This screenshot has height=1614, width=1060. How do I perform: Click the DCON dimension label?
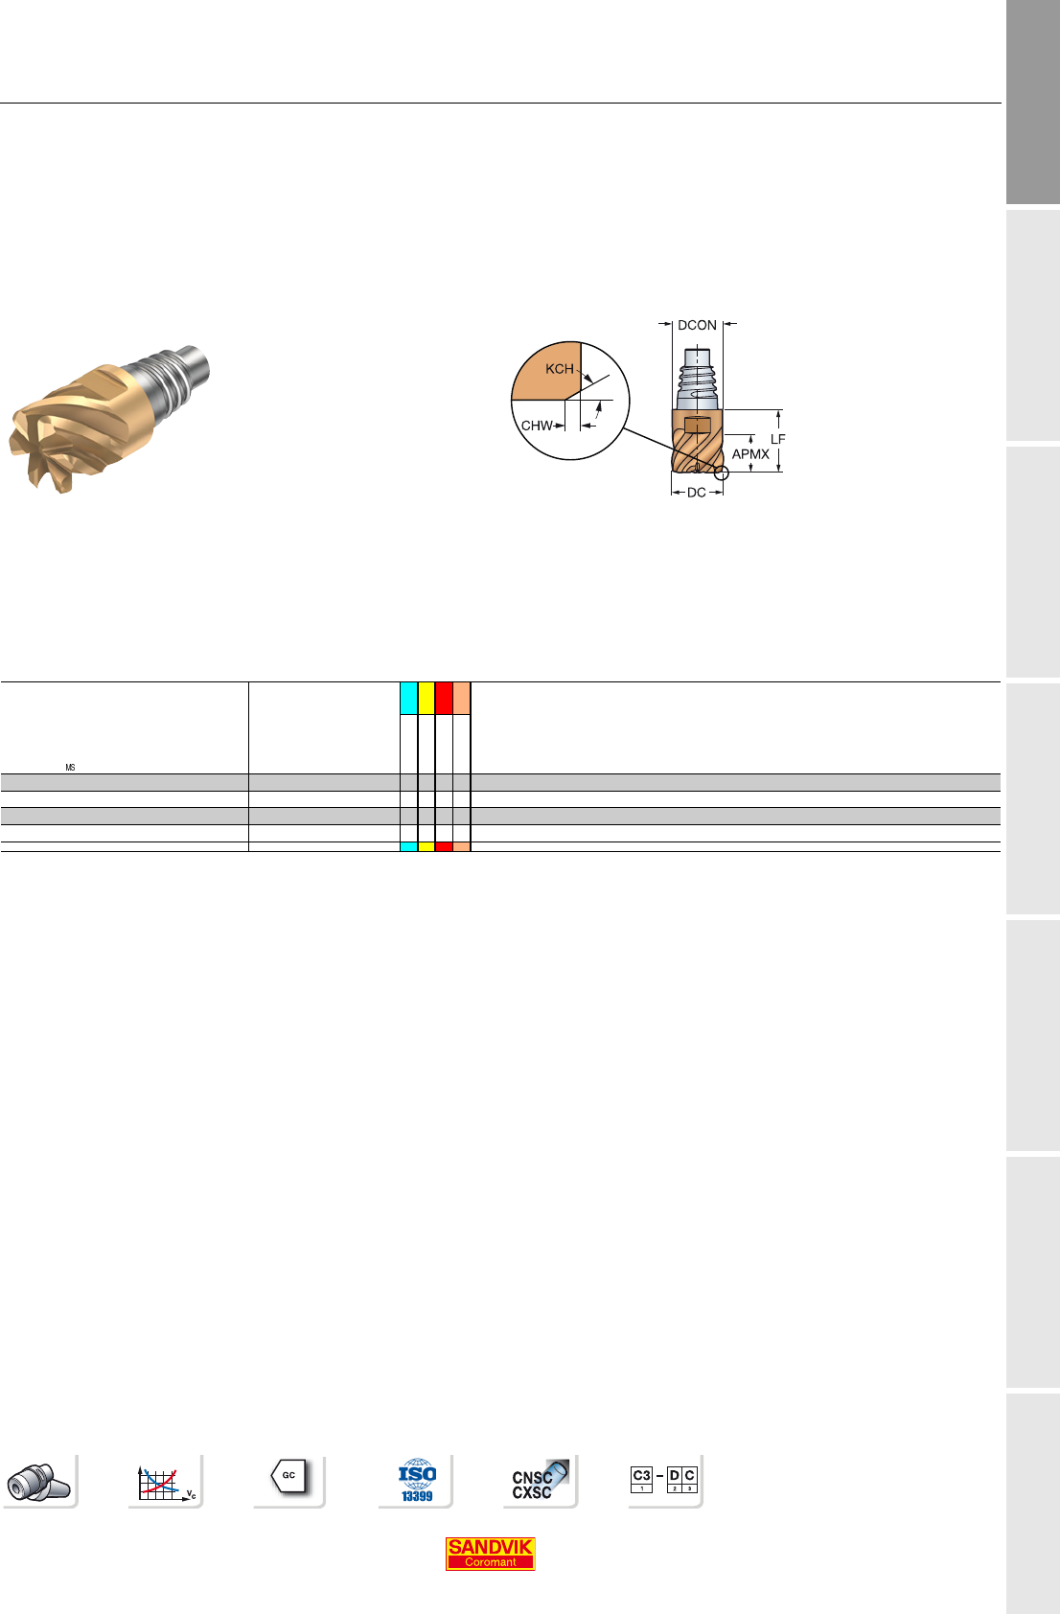pos(697,325)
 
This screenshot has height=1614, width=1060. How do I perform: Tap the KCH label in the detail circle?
pos(559,369)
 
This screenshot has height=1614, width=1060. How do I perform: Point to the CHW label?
pos(537,426)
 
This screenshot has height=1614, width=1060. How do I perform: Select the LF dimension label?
pos(777,439)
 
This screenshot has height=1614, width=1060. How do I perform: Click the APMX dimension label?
pos(750,454)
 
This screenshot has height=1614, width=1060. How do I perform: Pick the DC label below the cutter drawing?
pos(696,493)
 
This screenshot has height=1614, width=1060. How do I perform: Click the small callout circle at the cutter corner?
pos(722,473)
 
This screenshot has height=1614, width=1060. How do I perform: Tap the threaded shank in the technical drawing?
pos(698,379)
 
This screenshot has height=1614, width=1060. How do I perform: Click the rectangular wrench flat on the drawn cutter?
pos(698,426)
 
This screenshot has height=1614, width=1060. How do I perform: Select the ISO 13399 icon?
pos(417,1480)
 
